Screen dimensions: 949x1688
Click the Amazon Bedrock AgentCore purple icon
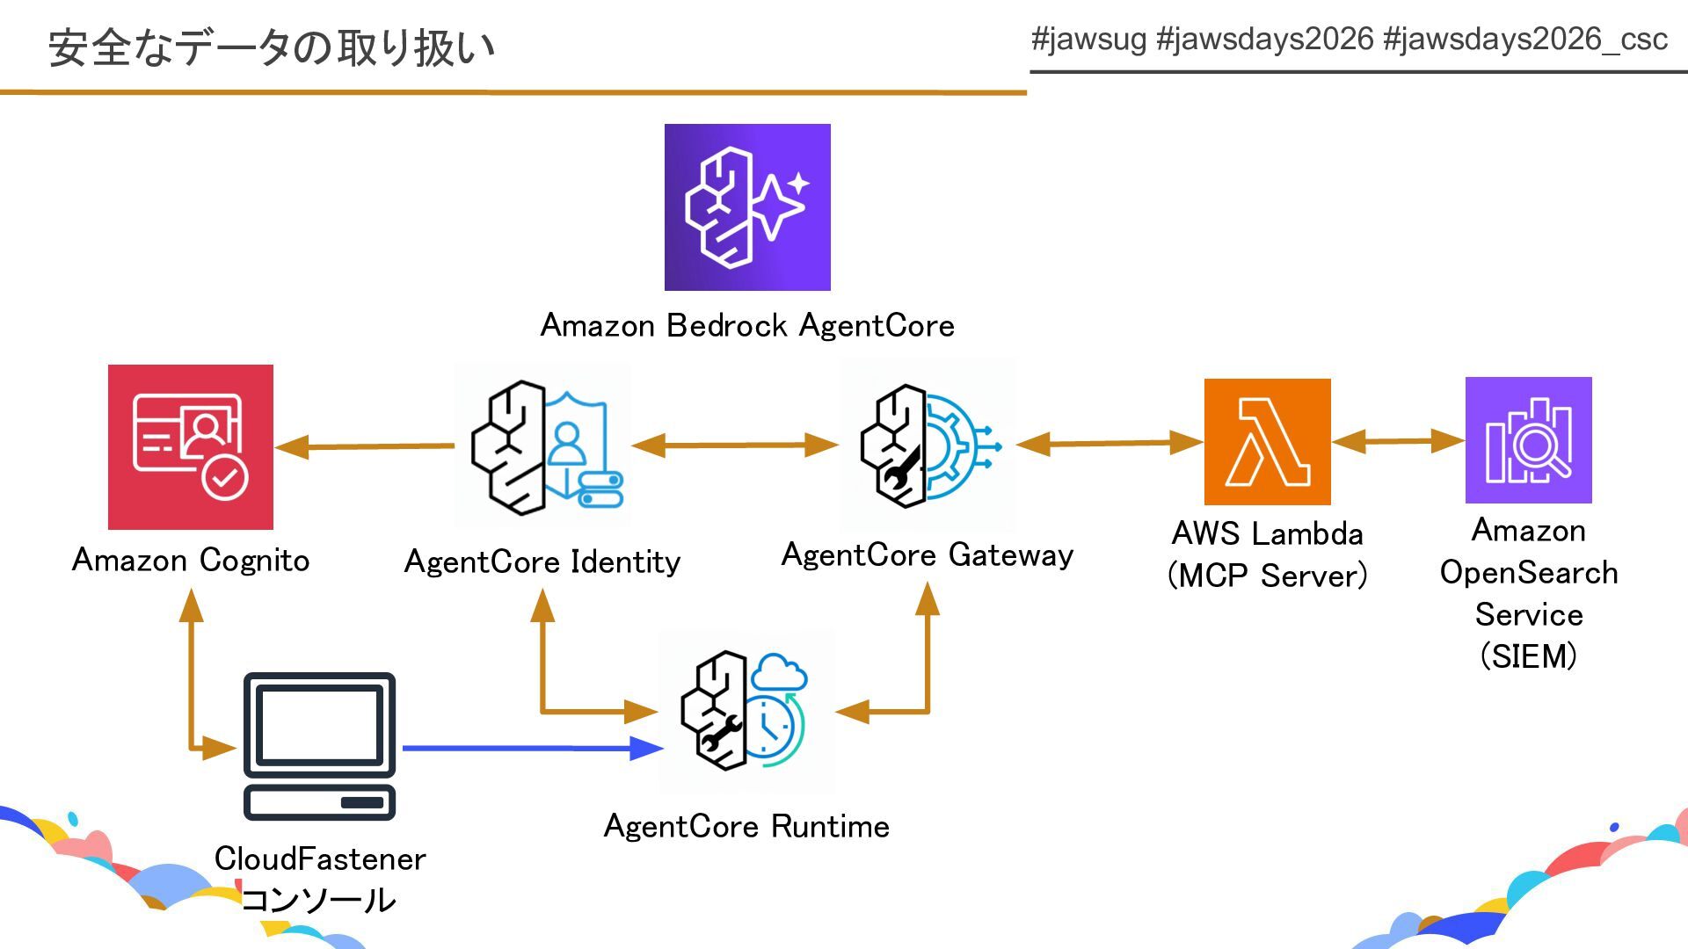coord(747,207)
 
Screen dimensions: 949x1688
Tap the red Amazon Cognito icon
coord(191,446)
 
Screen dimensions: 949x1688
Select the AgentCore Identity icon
coord(543,446)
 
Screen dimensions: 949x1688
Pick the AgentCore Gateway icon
coord(928,445)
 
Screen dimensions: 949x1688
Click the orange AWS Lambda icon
coord(1267,441)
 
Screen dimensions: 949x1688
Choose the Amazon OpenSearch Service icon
coord(1528,440)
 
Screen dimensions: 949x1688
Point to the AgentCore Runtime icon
coord(746,711)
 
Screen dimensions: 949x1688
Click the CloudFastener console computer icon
coord(319,746)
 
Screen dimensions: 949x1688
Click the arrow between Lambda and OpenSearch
coord(1398,441)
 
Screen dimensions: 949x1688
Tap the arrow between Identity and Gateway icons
coord(734,446)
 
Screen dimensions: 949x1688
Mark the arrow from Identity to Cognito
coord(365,446)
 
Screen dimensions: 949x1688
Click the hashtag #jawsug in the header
coord(1088,40)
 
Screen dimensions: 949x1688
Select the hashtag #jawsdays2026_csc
coord(1524,40)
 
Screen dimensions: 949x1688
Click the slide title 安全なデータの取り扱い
coord(272,47)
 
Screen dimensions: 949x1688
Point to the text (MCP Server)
coord(1267,576)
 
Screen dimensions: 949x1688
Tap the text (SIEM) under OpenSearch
coord(1528,656)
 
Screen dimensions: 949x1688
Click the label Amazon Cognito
coord(191,561)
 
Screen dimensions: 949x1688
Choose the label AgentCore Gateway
coord(928,555)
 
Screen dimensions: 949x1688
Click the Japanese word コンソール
coord(319,900)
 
